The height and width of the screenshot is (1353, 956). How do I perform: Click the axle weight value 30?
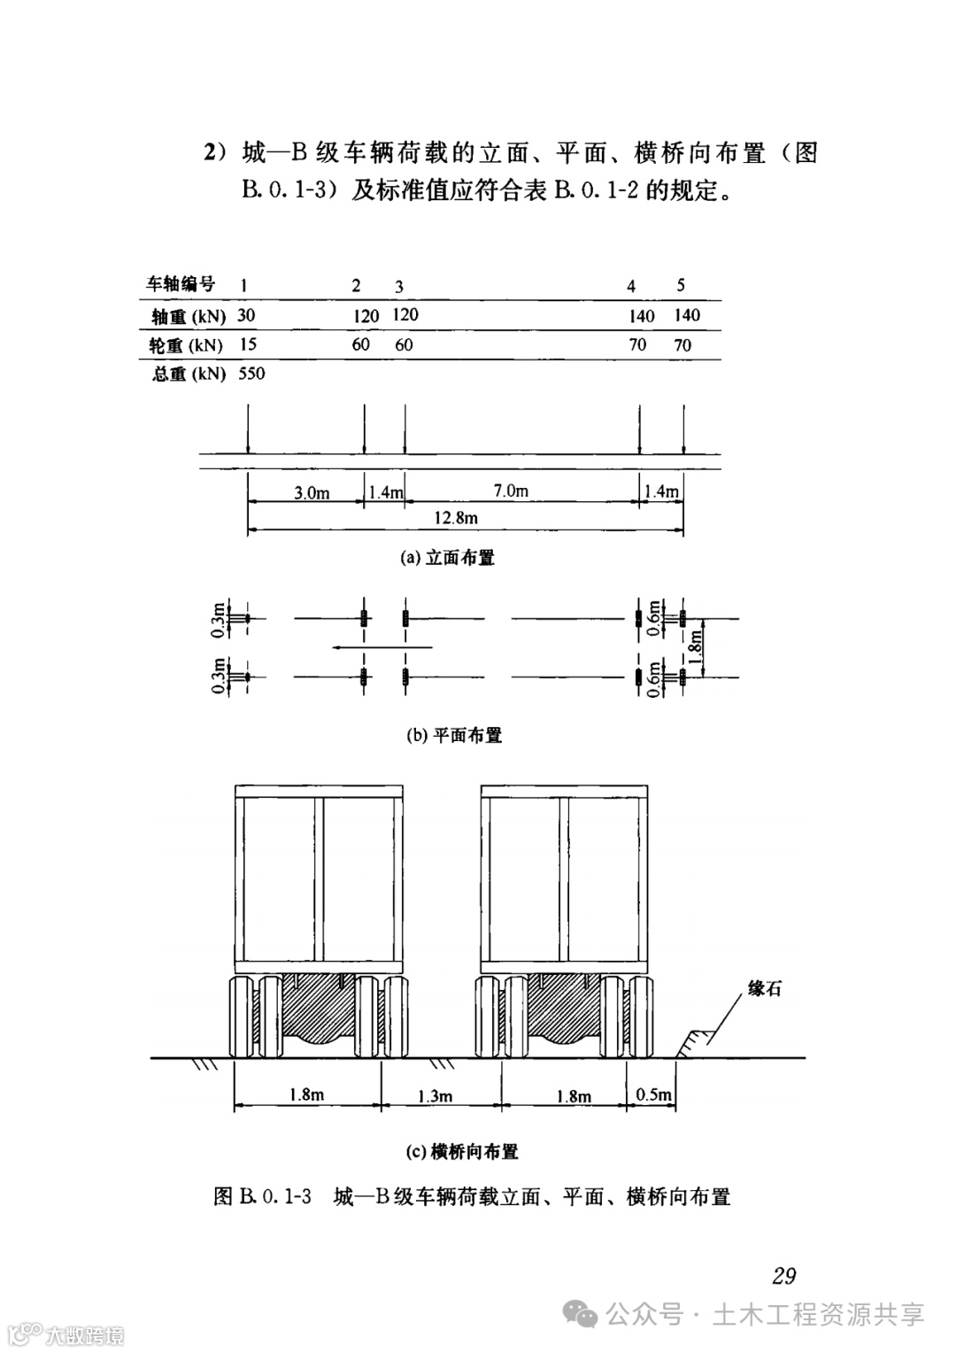click(247, 315)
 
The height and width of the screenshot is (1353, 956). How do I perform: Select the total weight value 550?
click(251, 374)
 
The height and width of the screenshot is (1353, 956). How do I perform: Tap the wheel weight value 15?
click(248, 344)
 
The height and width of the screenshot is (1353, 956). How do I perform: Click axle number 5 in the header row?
click(681, 285)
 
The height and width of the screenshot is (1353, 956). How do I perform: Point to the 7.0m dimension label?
click(511, 490)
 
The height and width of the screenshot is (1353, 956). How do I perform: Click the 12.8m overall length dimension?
click(455, 517)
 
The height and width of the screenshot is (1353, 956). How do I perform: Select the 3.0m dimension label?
click(312, 492)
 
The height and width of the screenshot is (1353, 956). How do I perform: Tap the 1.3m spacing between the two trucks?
click(435, 1096)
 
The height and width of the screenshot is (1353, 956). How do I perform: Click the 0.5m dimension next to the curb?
click(653, 1094)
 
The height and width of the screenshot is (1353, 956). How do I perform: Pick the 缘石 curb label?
click(765, 989)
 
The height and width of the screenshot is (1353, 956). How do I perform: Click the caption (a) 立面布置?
click(448, 558)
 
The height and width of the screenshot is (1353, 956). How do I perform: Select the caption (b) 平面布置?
click(454, 735)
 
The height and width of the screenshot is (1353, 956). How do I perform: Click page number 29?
click(783, 1276)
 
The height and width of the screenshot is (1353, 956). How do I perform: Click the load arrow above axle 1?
click(249, 429)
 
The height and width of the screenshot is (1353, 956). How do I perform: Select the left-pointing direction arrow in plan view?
click(381, 647)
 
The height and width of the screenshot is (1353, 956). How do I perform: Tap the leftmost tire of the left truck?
click(241, 1017)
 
